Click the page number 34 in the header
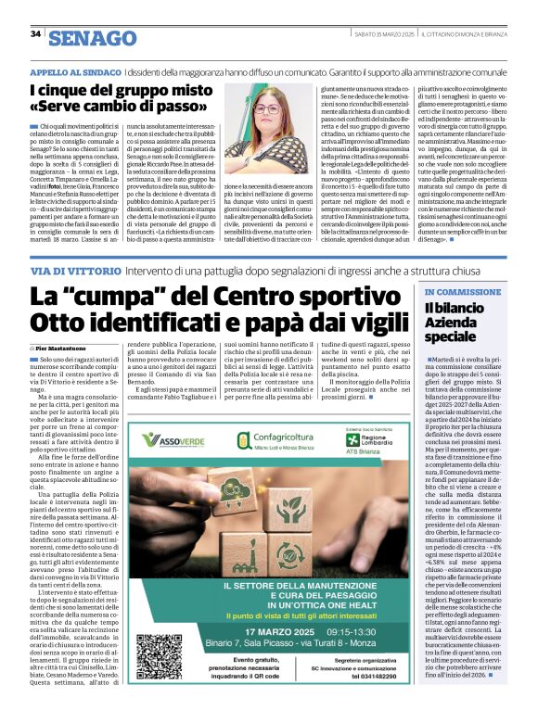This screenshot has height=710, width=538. [x=36, y=34]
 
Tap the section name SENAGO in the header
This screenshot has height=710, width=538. [x=92, y=38]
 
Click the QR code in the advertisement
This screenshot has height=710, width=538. [x=160, y=655]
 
